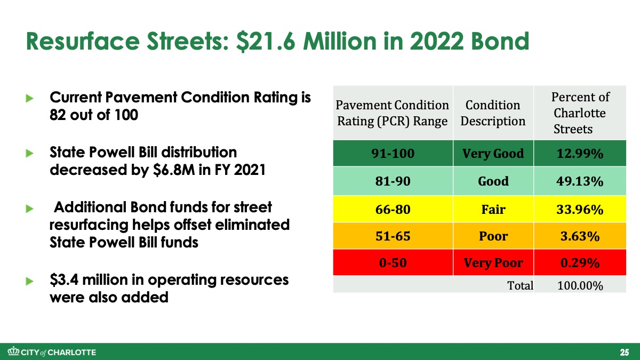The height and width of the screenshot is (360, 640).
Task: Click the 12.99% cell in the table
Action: [x=580, y=154]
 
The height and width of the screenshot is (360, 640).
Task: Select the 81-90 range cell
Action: [x=393, y=181]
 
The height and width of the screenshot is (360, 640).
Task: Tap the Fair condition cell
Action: [x=493, y=209]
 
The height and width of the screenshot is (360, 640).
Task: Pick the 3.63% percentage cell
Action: [x=580, y=236]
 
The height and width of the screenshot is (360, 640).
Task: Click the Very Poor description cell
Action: [x=493, y=262]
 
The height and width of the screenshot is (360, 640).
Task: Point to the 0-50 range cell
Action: [x=393, y=262]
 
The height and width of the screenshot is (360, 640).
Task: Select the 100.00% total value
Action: [x=580, y=285]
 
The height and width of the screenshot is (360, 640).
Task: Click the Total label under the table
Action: [x=520, y=285]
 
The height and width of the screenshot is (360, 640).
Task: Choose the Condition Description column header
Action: [x=493, y=113]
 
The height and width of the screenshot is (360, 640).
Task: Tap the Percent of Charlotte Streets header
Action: [x=580, y=113]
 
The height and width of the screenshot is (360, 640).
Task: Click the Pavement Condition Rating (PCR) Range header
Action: [x=393, y=113]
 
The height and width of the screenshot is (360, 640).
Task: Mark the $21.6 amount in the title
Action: [x=266, y=42]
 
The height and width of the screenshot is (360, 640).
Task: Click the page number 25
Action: [x=625, y=352]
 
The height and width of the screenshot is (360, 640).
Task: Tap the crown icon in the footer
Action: [x=13, y=351]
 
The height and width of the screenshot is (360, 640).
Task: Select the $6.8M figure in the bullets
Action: [x=174, y=170]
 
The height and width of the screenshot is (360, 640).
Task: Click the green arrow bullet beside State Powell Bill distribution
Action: [x=29, y=154]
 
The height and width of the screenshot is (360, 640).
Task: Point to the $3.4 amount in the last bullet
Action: [x=64, y=279]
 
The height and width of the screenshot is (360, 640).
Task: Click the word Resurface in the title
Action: [x=83, y=42]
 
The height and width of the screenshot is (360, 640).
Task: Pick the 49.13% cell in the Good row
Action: [x=580, y=181]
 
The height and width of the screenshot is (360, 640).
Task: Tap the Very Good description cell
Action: [x=493, y=154]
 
